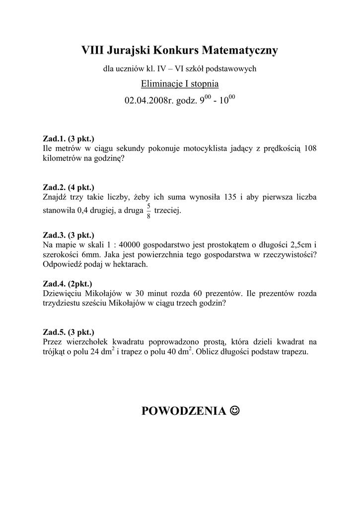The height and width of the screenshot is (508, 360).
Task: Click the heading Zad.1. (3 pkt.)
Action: coord(68,139)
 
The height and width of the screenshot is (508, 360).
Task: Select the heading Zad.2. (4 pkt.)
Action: coord(68,187)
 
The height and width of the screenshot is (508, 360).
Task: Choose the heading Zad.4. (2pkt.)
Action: coord(68,284)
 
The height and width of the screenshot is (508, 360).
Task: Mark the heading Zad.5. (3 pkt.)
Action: coord(68,332)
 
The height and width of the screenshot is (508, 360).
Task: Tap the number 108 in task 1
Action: coord(309,148)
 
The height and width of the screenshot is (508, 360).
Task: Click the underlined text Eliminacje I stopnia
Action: coord(180,83)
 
